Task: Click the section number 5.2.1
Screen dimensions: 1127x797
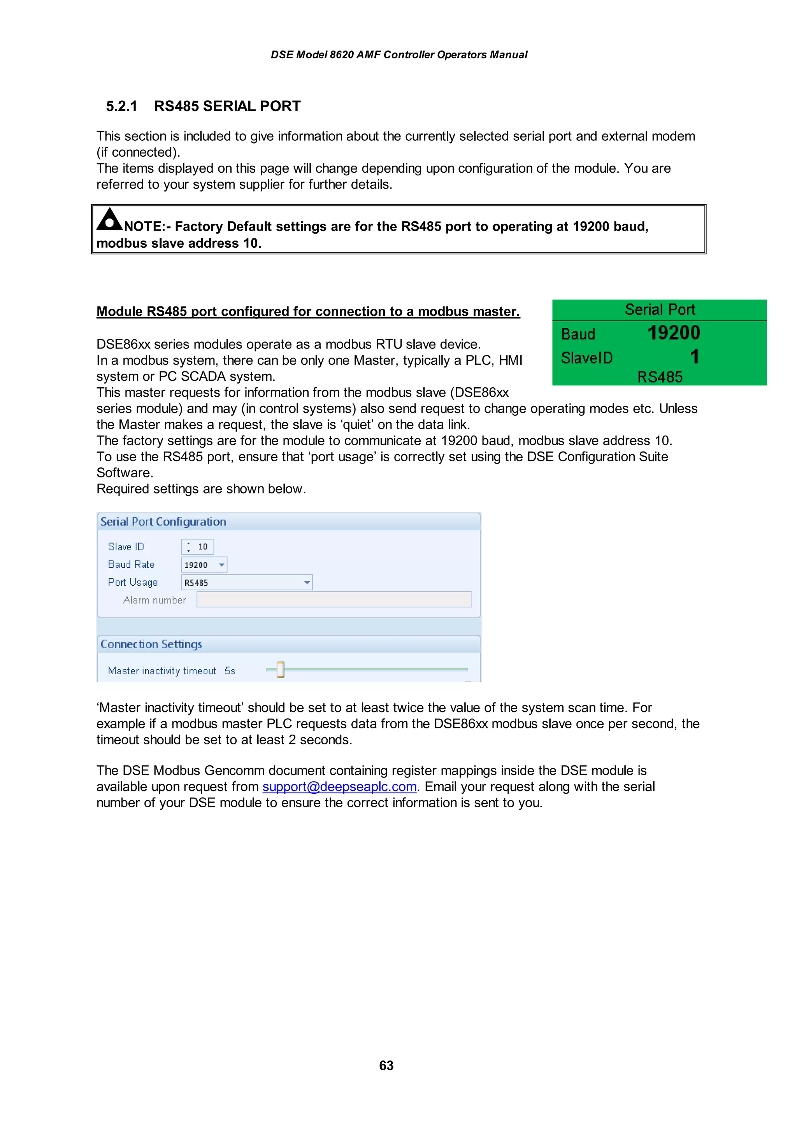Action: pos(121,106)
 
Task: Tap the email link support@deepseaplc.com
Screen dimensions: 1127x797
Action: pos(339,786)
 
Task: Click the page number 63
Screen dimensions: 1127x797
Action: pos(386,1065)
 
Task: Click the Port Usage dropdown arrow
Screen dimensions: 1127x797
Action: pos(307,583)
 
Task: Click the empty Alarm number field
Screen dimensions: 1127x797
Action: pos(334,599)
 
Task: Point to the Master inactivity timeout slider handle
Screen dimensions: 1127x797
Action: pos(281,670)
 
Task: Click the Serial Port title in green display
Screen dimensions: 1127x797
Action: pos(660,310)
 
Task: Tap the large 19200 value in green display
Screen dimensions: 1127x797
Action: pos(673,333)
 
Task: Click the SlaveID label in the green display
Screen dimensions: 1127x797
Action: pos(587,358)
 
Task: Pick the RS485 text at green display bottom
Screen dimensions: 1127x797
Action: pos(660,376)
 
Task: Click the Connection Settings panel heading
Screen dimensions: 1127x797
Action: pos(151,644)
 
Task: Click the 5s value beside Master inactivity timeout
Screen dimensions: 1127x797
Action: pos(230,670)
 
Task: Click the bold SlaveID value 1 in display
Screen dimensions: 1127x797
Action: pos(694,357)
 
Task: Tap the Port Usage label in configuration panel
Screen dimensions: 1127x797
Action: pos(133,582)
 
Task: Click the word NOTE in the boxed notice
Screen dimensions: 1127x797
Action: pos(143,226)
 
